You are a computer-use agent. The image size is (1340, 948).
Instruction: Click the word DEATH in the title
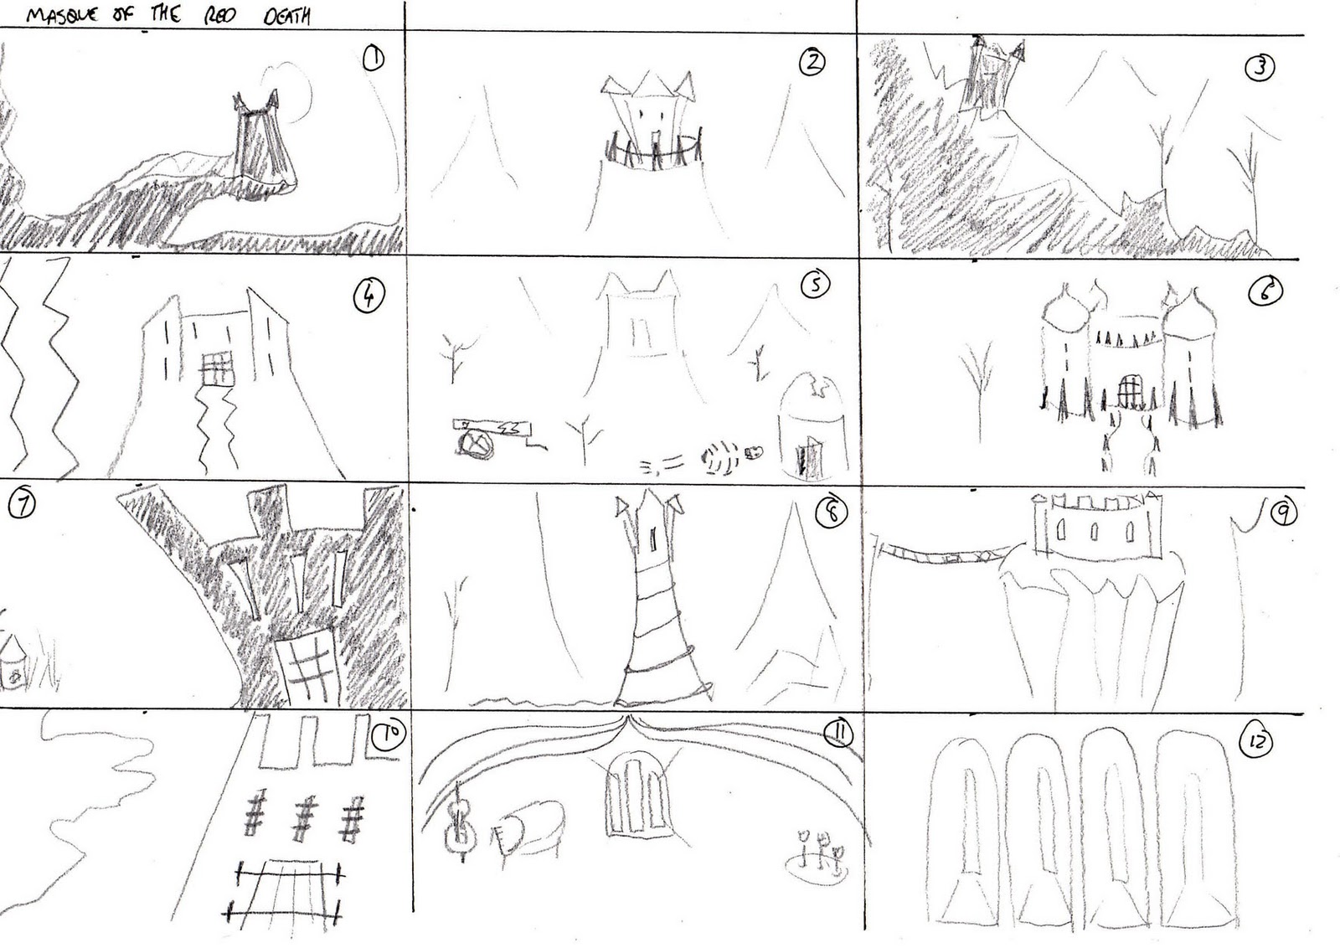tap(286, 15)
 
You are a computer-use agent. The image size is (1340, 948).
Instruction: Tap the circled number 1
tap(374, 59)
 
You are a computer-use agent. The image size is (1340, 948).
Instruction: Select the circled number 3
tap(1260, 67)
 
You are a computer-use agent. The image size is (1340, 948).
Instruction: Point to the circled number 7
tap(22, 505)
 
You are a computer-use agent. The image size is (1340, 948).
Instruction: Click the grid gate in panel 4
tap(217, 368)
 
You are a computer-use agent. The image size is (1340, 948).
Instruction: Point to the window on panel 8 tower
tap(652, 538)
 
